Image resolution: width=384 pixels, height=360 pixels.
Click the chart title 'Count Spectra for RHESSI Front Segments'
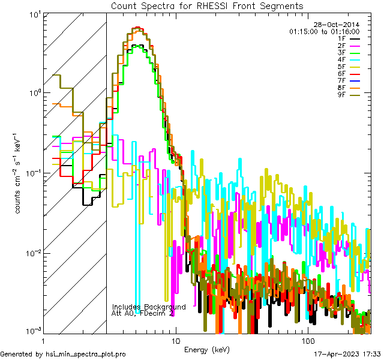[x=207, y=5]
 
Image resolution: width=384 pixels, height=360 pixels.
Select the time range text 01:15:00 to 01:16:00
[x=324, y=31]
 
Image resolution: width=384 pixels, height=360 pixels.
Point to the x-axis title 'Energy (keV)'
[x=206, y=350]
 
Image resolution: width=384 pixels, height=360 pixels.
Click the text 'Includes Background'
[x=149, y=307]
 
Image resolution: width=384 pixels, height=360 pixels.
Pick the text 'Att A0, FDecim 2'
[x=143, y=313]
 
